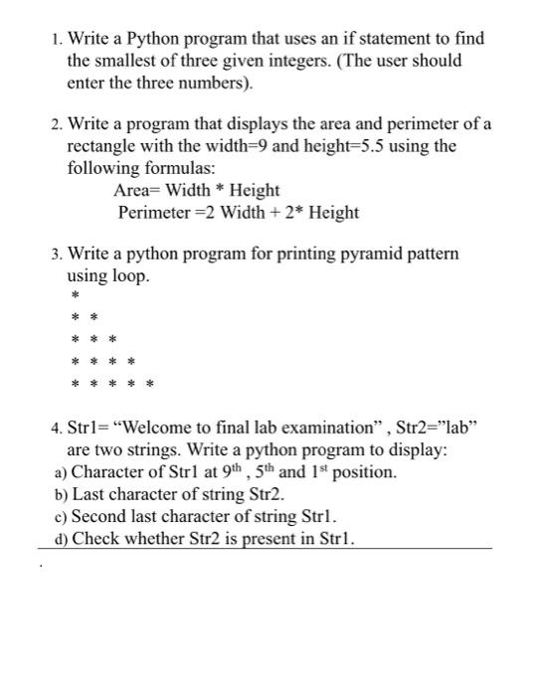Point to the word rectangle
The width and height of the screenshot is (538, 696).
click(101, 146)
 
